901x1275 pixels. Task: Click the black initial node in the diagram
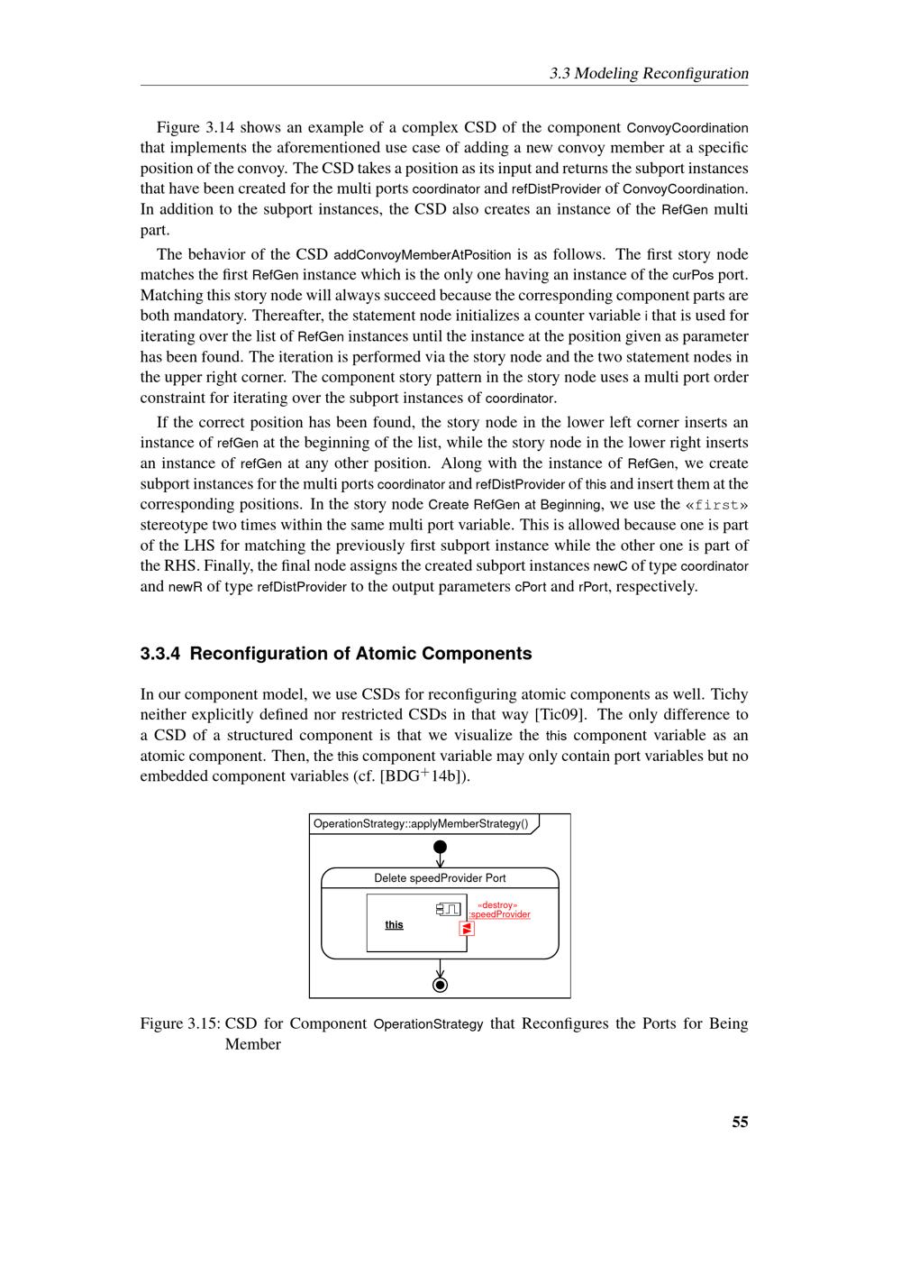point(440,847)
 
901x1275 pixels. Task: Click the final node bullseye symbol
point(440,985)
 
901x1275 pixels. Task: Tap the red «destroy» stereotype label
point(497,904)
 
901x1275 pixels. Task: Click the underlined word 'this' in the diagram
point(394,924)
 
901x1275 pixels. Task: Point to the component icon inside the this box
point(449,908)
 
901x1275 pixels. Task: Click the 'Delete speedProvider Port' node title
point(440,878)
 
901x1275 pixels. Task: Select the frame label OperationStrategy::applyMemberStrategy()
point(421,823)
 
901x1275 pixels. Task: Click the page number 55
point(740,1122)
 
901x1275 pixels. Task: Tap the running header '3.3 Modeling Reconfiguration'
point(649,73)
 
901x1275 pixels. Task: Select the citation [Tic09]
point(560,715)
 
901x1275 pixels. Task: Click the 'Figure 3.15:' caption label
point(179,1023)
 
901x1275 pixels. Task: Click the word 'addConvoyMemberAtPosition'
point(423,254)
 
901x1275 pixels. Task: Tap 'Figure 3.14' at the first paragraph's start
point(196,127)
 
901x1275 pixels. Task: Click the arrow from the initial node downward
point(440,860)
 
